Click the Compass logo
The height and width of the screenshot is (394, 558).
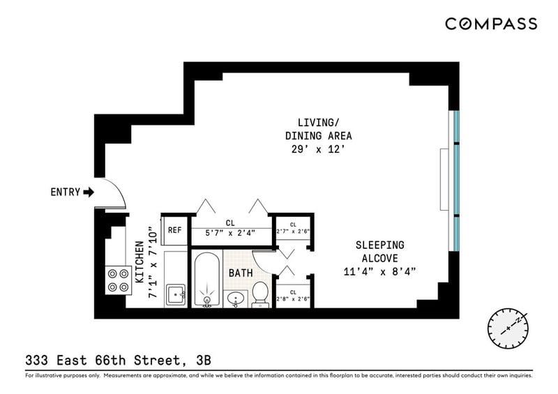pos(491,24)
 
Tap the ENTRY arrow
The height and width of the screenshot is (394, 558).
pos(89,192)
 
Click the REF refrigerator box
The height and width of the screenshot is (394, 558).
pos(174,230)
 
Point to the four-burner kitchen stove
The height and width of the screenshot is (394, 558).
pos(119,280)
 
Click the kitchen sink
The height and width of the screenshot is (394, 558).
pos(176,294)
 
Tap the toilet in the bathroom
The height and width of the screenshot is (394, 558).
pos(260,294)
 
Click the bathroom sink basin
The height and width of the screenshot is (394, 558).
pos(235,299)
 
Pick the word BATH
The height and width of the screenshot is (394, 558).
pos(241,273)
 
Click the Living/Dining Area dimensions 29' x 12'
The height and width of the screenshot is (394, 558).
pos(319,149)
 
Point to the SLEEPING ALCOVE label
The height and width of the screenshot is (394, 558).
pos(379,252)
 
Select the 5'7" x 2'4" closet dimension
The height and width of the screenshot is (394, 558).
pos(230,234)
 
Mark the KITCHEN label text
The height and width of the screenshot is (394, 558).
pos(140,262)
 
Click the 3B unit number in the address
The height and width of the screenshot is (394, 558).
pos(204,361)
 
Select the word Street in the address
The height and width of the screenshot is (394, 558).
pos(157,361)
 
